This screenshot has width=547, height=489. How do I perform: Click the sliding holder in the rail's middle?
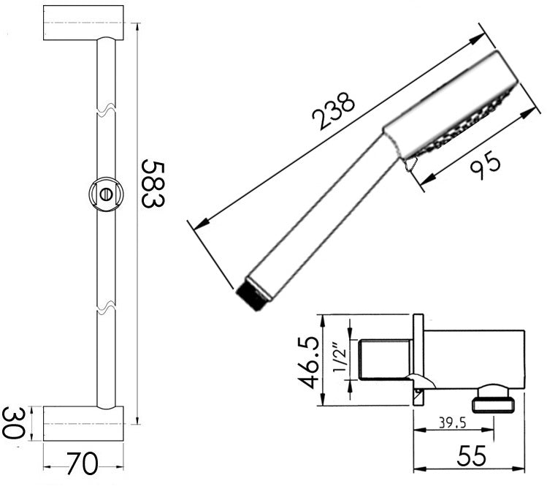(x=106, y=194)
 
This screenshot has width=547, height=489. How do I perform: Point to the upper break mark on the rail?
(x=107, y=112)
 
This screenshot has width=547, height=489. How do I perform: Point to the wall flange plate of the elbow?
(x=418, y=358)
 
